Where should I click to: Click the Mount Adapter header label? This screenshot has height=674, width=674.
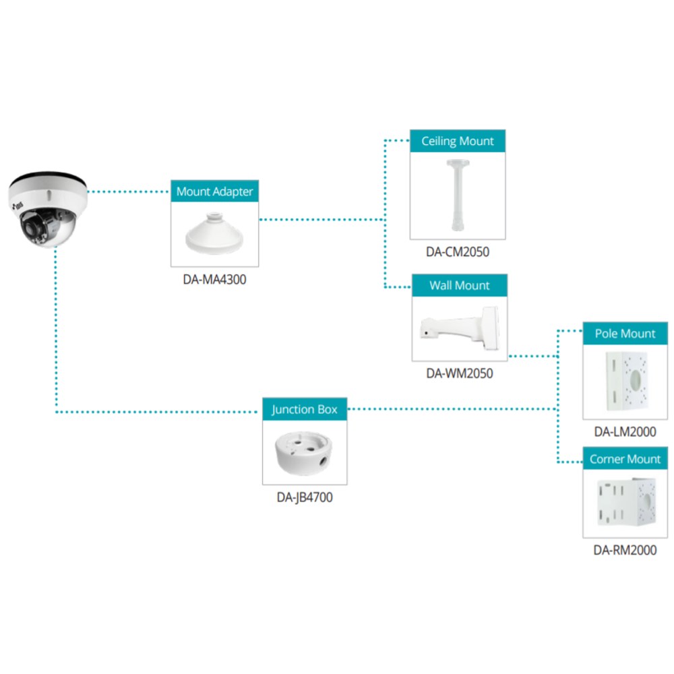tap(214, 191)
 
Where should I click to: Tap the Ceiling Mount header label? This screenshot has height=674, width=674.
tap(458, 141)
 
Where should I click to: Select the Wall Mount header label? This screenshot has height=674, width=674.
tap(460, 285)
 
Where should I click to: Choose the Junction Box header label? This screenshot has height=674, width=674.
tap(305, 409)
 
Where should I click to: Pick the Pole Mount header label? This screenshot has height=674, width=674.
tap(625, 334)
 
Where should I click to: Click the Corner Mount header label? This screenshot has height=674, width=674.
tap(625, 458)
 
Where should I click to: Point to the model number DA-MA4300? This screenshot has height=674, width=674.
tap(214, 280)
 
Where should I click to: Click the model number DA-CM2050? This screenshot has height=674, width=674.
tap(458, 251)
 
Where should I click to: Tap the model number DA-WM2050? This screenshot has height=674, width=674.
tap(460, 373)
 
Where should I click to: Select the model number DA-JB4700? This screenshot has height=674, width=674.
tap(305, 497)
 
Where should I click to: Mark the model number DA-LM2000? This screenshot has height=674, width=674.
tap(625, 431)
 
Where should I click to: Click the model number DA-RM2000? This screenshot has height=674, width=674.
tap(625, 550)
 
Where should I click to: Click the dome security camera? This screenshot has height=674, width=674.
tap(48, 210)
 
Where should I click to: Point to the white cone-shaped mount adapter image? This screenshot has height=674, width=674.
tap(214, 234)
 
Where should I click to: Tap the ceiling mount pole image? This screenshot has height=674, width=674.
tap(458, 195)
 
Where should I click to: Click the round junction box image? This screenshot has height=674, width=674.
tap(304, 453)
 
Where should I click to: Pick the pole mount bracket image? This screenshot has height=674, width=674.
tap(626, 381)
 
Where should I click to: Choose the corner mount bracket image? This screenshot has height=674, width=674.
tap(627, 502)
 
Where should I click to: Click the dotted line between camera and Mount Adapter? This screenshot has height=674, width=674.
tap(128, 191)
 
